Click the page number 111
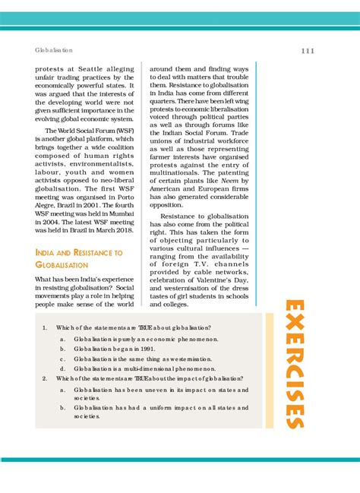(x=308, y=51)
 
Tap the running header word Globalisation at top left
(x=54, y=51)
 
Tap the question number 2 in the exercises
(x=45, y=378)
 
